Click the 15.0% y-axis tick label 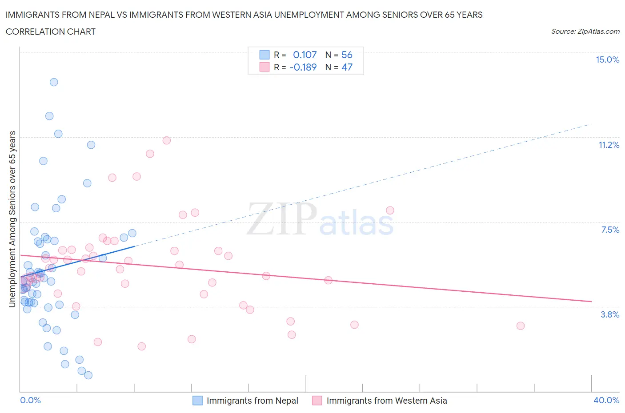tap(607, 60)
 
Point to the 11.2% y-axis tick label tap(609, 145)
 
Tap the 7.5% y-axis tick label tap(610, 230)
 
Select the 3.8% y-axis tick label tap(610, 315)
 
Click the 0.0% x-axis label tap(30, 401)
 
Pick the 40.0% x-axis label tap(606, 401)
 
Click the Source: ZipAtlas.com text tap(585, 32)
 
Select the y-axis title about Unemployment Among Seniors tap(12, 219)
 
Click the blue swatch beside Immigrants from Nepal tap(197, 401)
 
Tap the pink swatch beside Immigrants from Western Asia tap(317, 401)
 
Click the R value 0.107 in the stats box tap(304, 55)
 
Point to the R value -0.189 tap(303, 68)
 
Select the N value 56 tap(347, 55)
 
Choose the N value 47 tap(347, 68)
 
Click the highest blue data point tap(54, 82)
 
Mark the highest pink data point tap(167, 140)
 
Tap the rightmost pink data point tap(521, 326)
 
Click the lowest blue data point tap(88, 375)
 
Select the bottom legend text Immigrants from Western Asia tap(387, 401)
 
